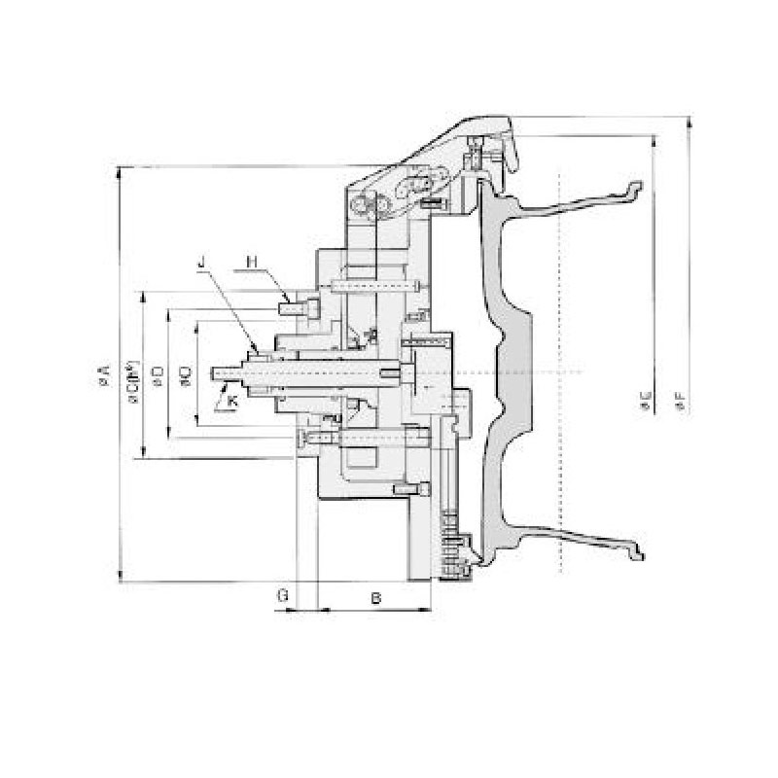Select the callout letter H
pyautogui.click(x=250, y=261)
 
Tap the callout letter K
pyautogui.click(x=231, y=400)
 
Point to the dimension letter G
pyautogui.click(x=282, y=595)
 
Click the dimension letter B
pyautogui.click(x=375, y=595)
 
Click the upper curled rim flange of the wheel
pyautogui.click(x=634, y=189)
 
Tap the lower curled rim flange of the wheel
pyautogui.click(x=637, y=553)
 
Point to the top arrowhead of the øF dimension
pyautogui.click(x=689, y=123)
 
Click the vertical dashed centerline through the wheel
pyautogui.click(x=562, y=292)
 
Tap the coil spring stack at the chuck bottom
pyautogui.click(x=450, y=545)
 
